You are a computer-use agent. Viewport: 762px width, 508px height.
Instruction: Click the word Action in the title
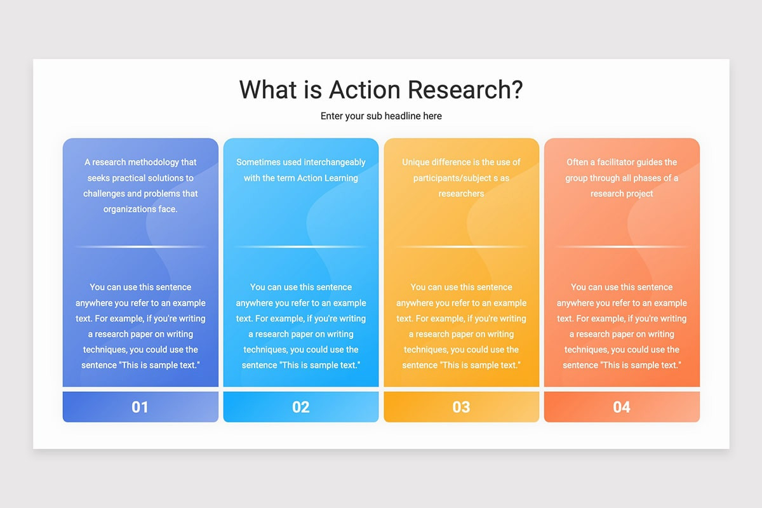[364, 90]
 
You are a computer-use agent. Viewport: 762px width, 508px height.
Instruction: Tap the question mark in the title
[515, 90]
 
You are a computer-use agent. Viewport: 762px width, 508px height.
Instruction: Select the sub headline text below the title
[381, 116]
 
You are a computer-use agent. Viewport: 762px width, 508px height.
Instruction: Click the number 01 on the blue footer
[140, 407]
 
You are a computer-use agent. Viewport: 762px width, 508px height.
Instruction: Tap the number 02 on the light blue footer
[301, 407]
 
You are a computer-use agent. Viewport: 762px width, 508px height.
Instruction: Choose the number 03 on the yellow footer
[461, 407]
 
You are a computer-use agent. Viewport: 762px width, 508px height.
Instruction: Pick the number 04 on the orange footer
[622, 407]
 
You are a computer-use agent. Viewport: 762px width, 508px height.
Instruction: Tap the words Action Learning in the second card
[327, 178]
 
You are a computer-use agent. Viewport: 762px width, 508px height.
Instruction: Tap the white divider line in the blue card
[140, 246]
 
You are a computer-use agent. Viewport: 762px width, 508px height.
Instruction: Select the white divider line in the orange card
[622, 246]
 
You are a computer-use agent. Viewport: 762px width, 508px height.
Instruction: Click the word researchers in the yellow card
[461, 194]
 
